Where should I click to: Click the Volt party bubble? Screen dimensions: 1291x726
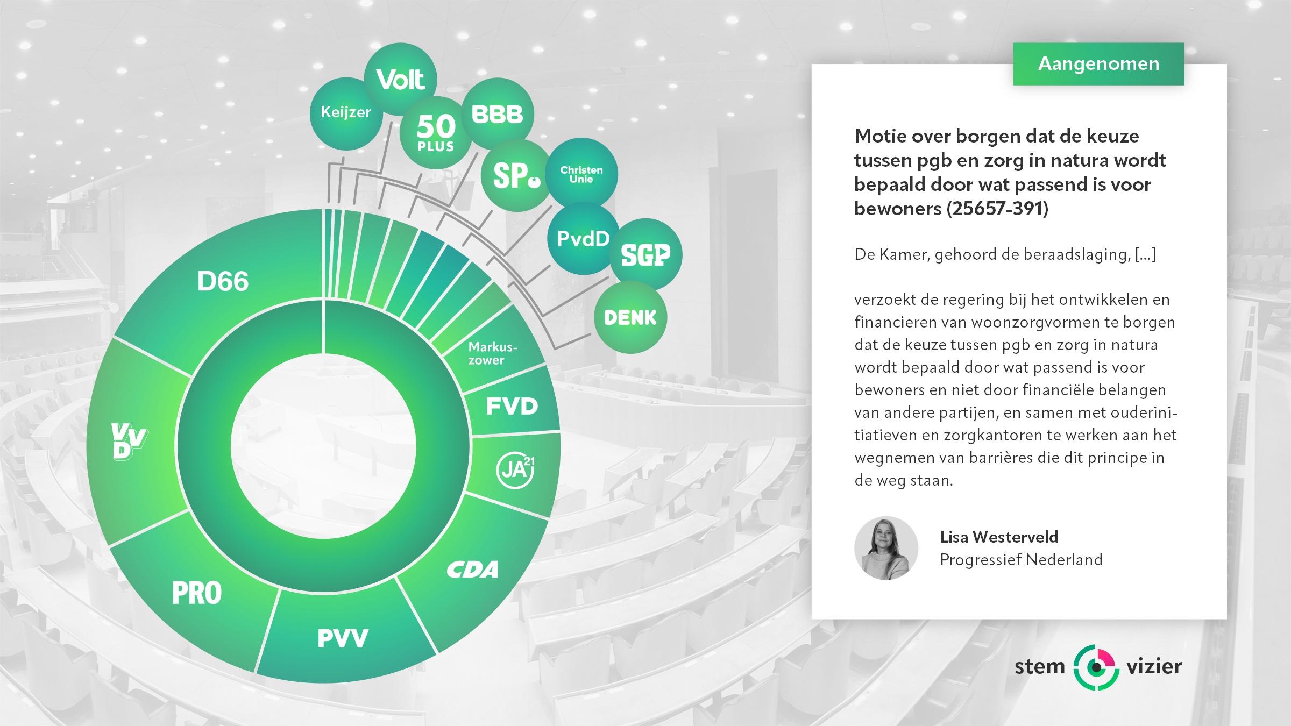pos(401,79)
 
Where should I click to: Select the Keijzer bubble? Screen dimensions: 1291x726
pos(346,113)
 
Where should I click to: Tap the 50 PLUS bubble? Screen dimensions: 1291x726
pos(435,133)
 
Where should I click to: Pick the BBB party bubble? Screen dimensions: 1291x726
pos(498,114)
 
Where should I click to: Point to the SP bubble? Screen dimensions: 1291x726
pos(516,175)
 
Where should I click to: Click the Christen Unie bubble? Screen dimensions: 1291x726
pos(581,174)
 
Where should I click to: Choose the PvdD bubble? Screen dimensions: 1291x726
pos(584,238)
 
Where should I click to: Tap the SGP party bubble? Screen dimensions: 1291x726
pos(645,254)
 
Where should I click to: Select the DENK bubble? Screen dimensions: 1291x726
pos(630,317)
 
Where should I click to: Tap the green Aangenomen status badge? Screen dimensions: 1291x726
pos(1098,64)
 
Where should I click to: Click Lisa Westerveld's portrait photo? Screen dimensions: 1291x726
pos(886,548)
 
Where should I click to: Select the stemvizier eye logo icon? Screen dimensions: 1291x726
pos(1095,667)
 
